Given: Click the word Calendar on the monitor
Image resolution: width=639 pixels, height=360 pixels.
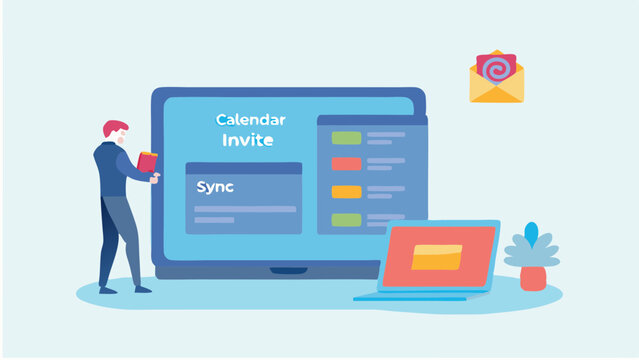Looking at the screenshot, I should point(250,120).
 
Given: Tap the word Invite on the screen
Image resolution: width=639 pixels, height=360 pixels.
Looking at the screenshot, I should point(247,141).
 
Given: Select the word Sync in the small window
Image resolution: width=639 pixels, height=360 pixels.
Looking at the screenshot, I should point(215,187).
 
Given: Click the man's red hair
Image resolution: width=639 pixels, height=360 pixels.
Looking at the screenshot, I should point(115,128).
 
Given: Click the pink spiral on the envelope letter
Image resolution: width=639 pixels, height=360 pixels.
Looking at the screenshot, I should point(496,68).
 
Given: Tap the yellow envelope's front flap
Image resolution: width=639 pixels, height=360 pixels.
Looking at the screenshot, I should point(497,91).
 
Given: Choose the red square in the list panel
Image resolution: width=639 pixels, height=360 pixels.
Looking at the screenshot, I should point(346,164).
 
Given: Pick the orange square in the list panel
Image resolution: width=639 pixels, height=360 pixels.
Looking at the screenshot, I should point(346,191).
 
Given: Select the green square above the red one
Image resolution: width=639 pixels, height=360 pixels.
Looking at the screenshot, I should point(346,137).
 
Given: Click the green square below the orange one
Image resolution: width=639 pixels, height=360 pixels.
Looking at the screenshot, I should point(346,219).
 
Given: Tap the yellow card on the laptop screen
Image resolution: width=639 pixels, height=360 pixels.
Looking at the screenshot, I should point(436,257).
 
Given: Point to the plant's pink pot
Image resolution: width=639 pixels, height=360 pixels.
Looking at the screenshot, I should point(533,278).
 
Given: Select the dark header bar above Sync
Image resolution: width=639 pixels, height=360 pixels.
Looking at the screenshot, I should point(243,168).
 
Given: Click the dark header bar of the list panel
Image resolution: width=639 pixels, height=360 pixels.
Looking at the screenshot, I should point(371,120).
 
